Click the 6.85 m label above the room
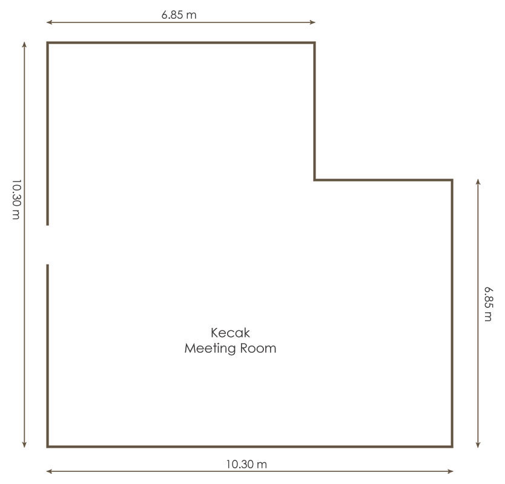click(x=179, y=15)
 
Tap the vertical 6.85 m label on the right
click(x=488, y=304)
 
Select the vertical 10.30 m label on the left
click(x=16, y=200)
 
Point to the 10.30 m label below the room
click(x=246, y=465)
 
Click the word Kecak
click(x=230, y=333)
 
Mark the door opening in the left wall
click(x=48, y=245)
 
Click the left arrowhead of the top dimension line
click(x=49, y=22)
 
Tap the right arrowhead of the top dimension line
click(x=312, y=22)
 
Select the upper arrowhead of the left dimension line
click(x=24, y=45)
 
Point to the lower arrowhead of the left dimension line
click(x=24, y=445)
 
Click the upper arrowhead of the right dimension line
click(x=478, y=182)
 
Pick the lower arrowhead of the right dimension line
click(x=478, y=445)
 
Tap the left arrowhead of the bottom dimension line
click(x=49, y=471)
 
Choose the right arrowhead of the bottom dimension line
click(x=451, y=471)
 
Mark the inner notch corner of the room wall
click(x=315, y=180)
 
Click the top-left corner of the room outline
click(x=48, y=42)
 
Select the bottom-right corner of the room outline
click(x=452, y=446)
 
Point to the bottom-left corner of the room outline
click(x=48, y=446)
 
